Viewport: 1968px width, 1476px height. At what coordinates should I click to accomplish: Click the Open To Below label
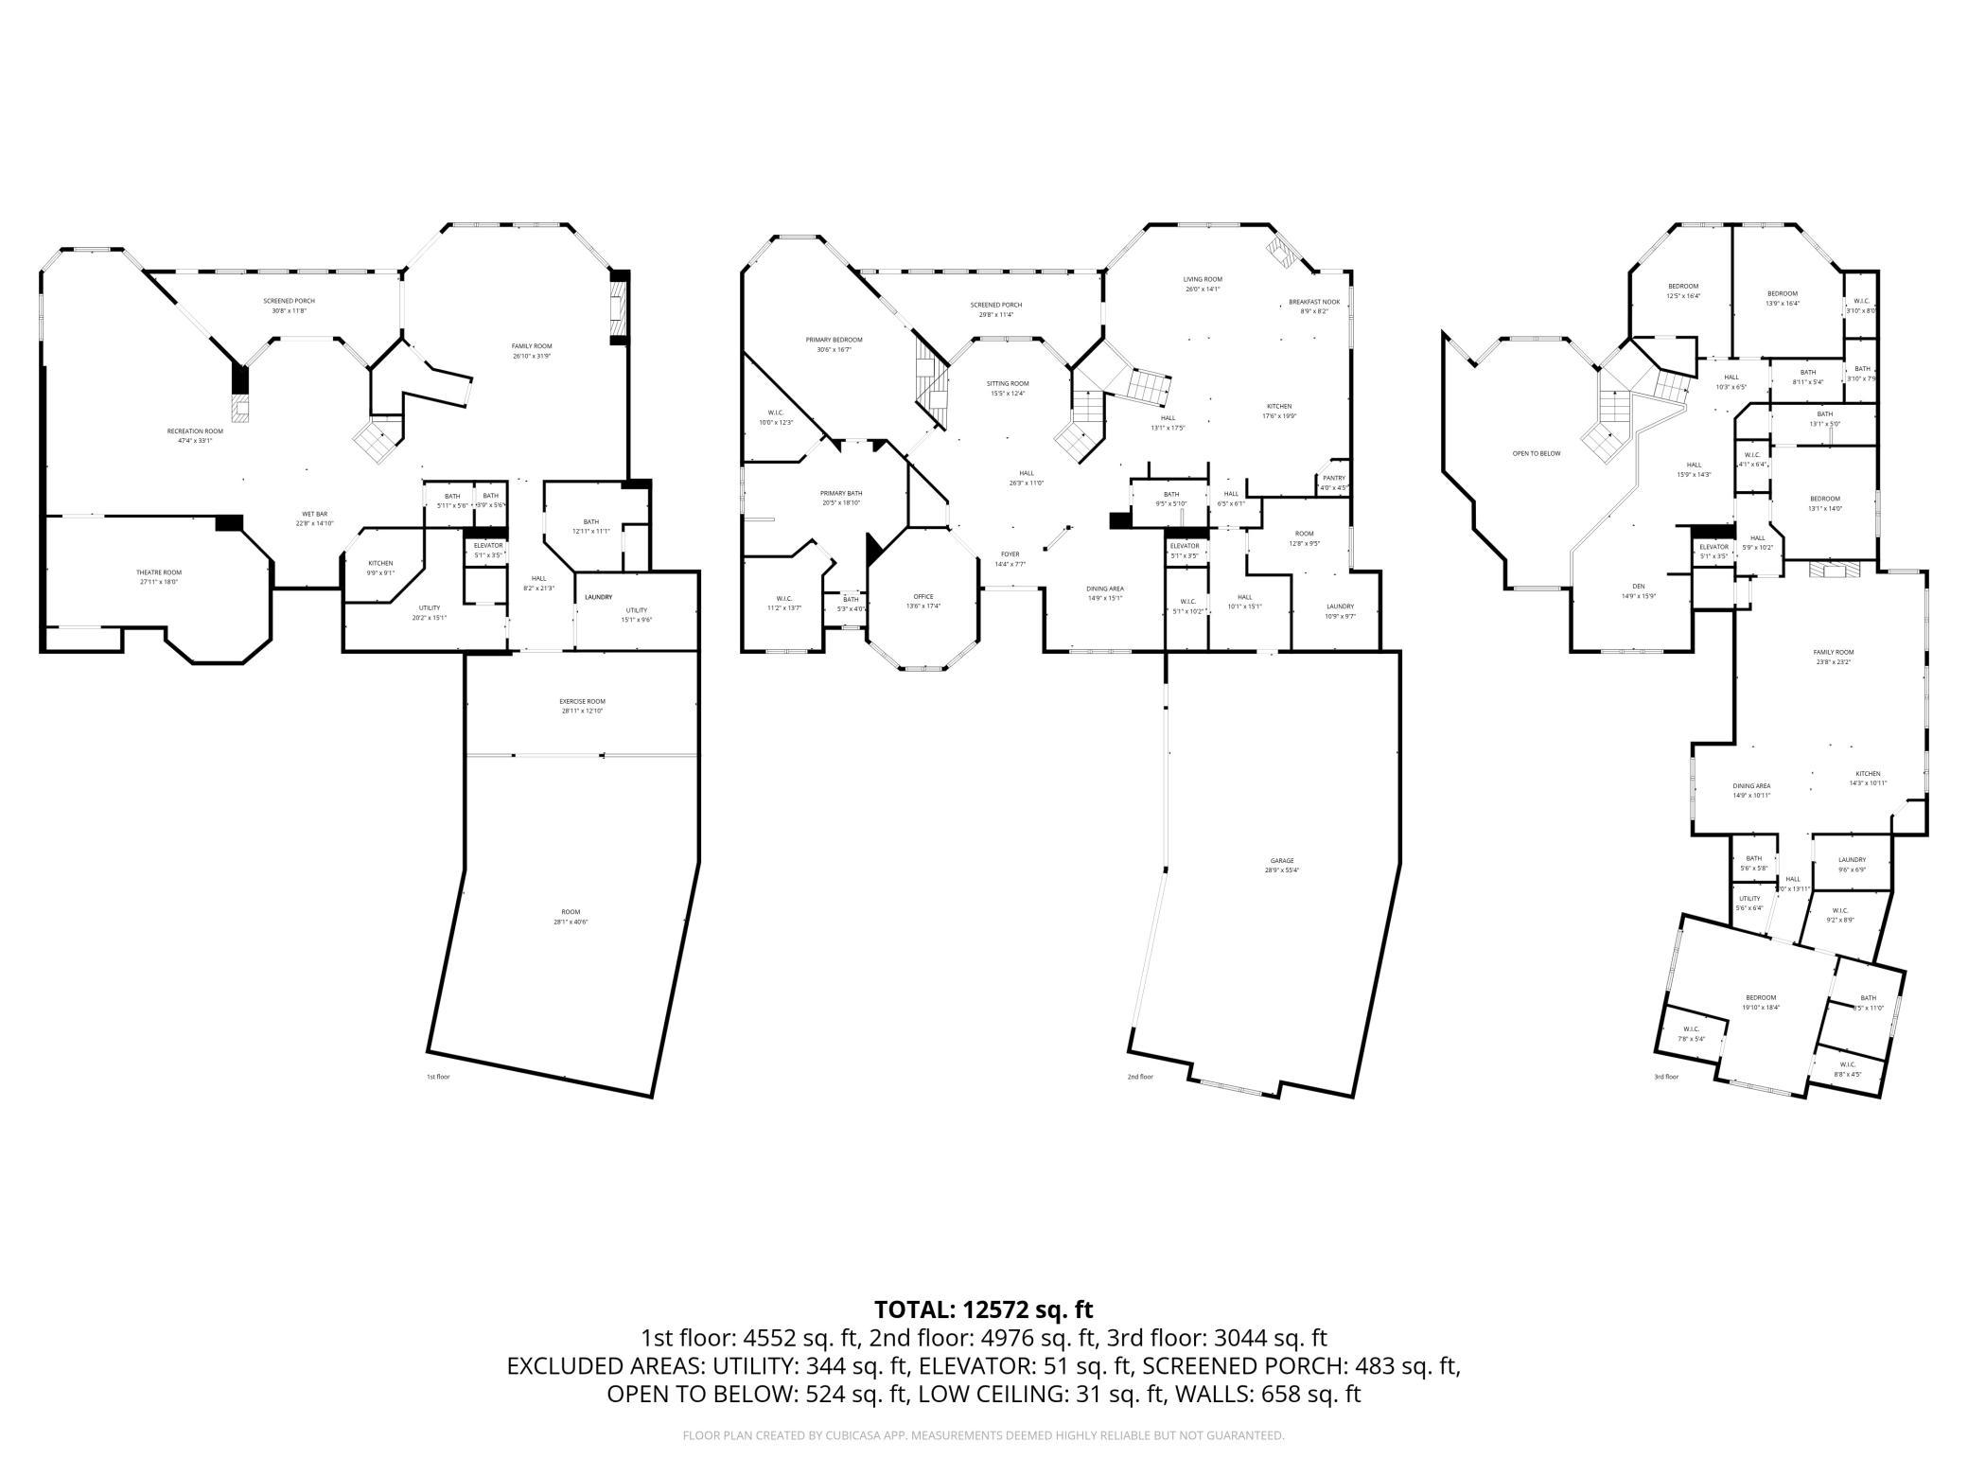[x=1537, y=453]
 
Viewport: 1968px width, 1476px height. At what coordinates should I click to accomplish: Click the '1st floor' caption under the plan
[x=438, y=1077]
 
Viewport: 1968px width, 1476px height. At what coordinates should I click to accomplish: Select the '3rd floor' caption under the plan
[x=1666, y=1077]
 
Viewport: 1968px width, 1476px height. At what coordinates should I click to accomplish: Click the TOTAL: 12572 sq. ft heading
[x=983, y=1309]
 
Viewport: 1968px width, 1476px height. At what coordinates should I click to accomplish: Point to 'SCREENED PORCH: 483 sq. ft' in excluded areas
[x=1302, y=1366]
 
